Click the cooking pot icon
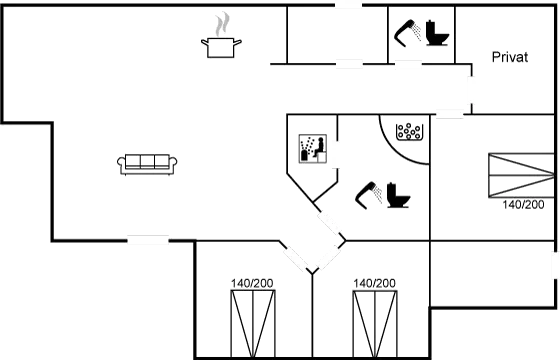pos(221,48)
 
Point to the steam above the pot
pos(222,24)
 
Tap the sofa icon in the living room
pos(147,164)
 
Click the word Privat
pos(510,57)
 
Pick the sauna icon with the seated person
pos(313,149)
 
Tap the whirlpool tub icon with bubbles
pos(410,131)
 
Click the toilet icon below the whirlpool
pos(398,195)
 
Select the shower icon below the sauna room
pos(369,195)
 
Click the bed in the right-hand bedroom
pos(521,175)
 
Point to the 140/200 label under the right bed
pos(523,205)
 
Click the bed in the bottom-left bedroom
pos(253,324)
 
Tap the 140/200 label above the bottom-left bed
pos(252,283)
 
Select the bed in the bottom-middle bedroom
pos(375,324)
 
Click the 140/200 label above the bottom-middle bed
pos(374,283)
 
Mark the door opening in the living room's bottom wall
pos(148,240)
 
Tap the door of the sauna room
pos(336,154)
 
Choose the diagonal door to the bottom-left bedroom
pos(295,259)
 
